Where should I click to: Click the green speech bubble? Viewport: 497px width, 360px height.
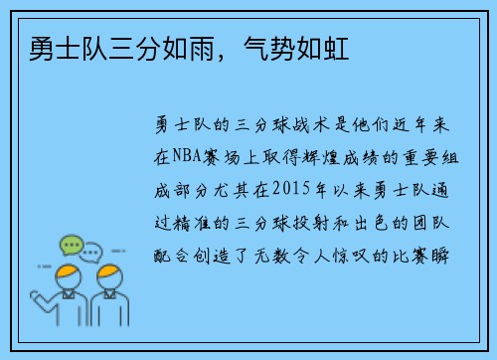[x=71, y=244]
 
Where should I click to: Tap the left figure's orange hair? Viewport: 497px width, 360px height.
[x=68, y=272]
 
